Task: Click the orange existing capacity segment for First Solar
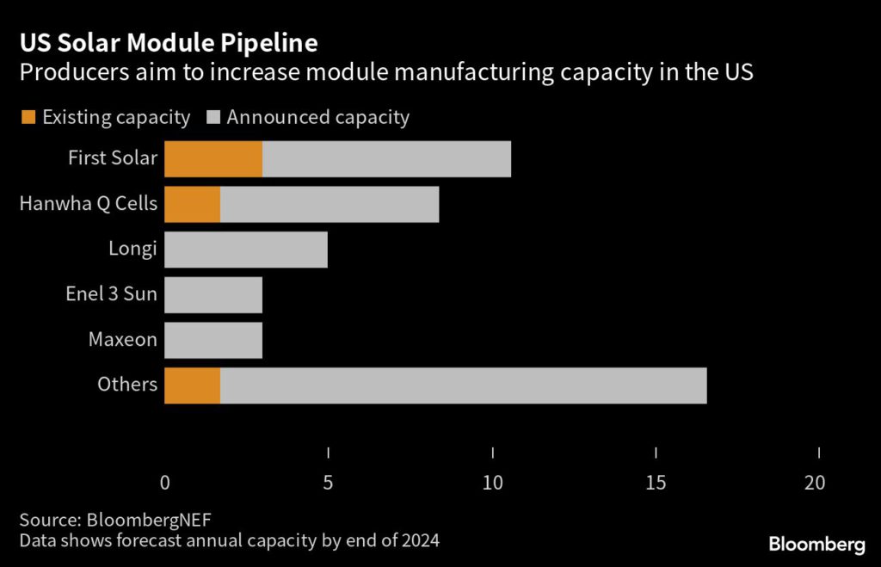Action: [x=213, y=159]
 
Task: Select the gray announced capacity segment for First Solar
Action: [x=386, y=159]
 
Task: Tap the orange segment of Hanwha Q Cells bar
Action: [x=192, y=204]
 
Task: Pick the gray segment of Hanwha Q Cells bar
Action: [x=330, y=204]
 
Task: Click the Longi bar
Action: [x=246, y=250]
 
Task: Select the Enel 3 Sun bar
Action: [x=213, y=294]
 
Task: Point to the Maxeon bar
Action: [x=213, y=340]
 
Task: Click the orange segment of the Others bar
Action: [x=192, y=385]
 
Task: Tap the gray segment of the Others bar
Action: [x=463, y=385]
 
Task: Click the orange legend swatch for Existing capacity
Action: [x=29, y=118]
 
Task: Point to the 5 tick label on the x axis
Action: [x=328, y=483]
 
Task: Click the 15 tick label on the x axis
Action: [x=656, y=483]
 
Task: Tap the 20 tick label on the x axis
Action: [x=815, y=483]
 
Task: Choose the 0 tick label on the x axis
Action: [x=165, y=483]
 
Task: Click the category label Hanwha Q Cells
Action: [x=89, y=204]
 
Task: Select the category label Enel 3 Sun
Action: [x=112, y=294]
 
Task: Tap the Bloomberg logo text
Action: [x=816, y=544]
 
